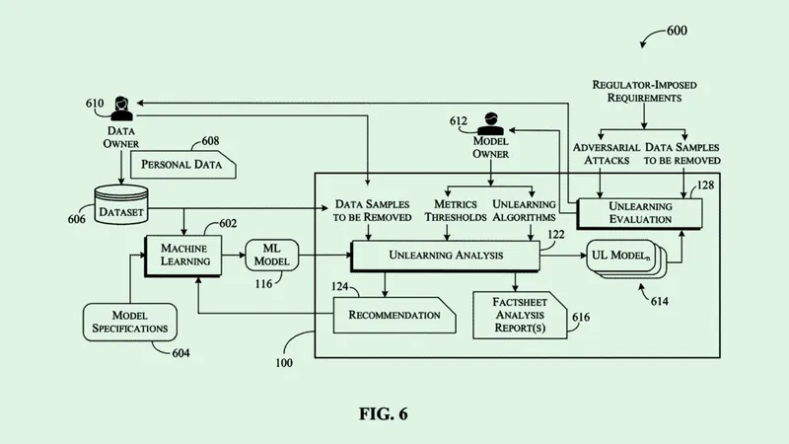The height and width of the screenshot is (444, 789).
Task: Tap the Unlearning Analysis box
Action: click(444, 256)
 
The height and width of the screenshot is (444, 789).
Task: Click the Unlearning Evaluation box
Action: click(640, 212)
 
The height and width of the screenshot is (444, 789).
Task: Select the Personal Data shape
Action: click(183, 164)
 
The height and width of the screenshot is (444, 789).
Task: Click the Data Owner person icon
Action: click(122, 106)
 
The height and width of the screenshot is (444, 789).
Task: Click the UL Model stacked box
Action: click(623, 257)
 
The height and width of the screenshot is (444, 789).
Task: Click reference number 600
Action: click(677, 31)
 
